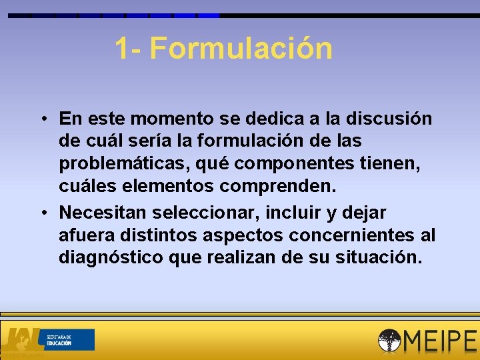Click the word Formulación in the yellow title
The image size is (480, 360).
tap(241, 49)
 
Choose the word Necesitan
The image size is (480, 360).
tap(103, 213)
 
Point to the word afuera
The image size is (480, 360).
tap(86, 235)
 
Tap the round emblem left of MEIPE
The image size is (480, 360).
tap(391, 341)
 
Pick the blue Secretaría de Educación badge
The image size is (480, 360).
tap(69, 339)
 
